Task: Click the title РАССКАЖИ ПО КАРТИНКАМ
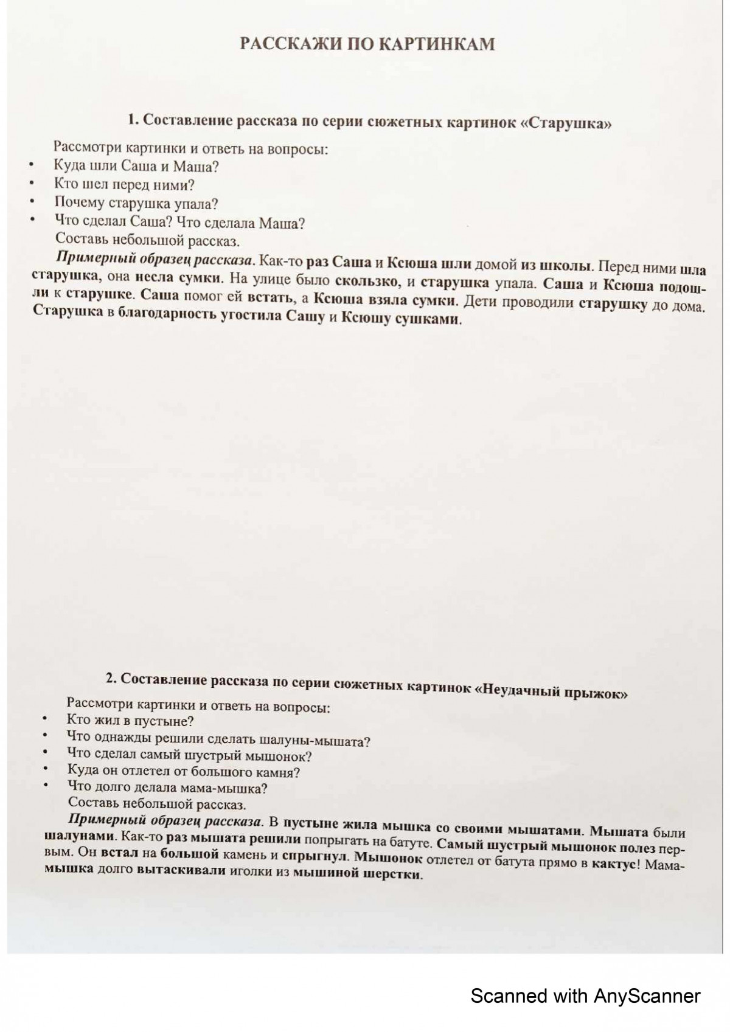tap(367, 44)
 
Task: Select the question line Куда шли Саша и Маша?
tap(136, 166)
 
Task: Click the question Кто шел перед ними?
tap(124, 185)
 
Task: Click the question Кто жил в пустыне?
tap(130, 721)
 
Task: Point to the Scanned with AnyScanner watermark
tap(585, 996)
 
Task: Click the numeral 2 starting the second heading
tap(110, 678)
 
